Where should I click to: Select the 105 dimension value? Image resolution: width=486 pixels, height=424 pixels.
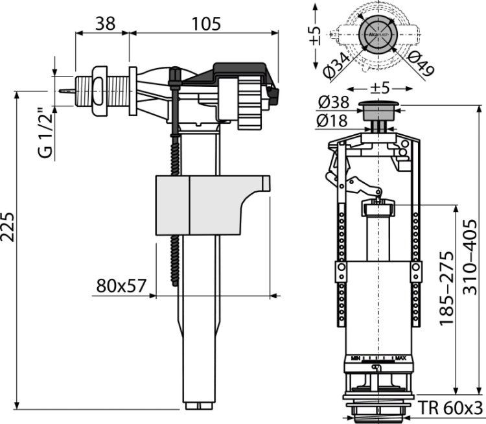(x=207, y=23)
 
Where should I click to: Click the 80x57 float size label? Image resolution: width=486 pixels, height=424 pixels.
(x=119, y=285)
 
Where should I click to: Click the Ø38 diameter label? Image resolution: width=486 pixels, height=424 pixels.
(x=334, y=103)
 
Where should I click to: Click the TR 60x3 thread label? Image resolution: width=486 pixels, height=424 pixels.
(x=450, y=409)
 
